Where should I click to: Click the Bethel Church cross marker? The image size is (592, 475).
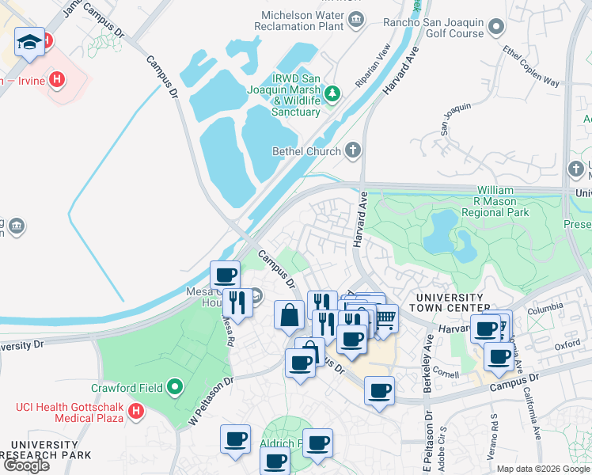[x=353, y=150]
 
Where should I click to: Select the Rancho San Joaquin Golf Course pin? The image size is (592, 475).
[x=496, y=28]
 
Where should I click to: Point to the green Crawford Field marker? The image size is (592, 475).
[x=175, y=388]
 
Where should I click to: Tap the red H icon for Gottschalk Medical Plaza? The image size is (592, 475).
[x=136, y=412]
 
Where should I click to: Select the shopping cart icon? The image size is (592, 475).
[x=385, y=318]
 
